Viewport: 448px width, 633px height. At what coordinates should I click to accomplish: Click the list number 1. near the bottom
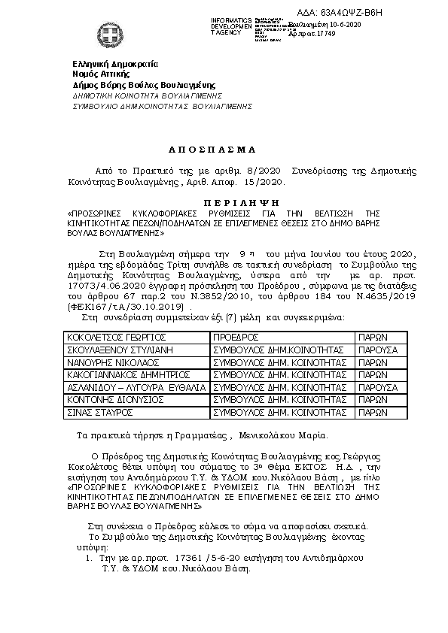(x=87, y=559)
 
